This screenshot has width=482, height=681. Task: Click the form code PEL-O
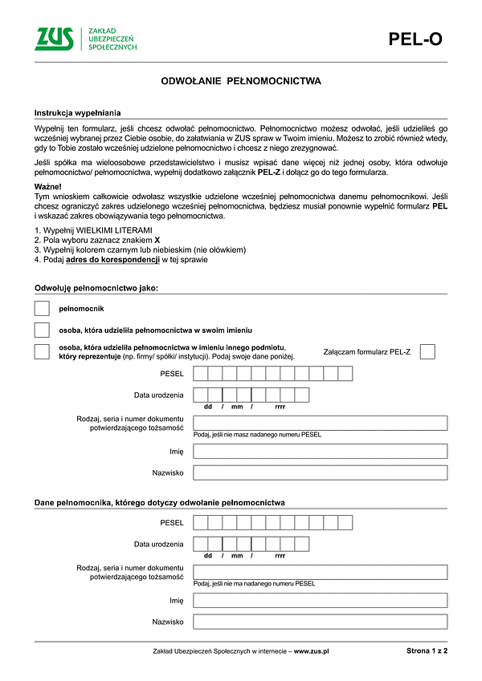415,39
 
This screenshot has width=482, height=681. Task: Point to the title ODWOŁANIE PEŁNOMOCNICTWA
241,81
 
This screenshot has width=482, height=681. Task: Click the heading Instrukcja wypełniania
77,114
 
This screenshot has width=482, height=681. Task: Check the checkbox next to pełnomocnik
42,309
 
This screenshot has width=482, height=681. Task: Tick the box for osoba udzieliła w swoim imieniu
42,330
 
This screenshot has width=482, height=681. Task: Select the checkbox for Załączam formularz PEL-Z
427,351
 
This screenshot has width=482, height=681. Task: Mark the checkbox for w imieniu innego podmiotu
42,351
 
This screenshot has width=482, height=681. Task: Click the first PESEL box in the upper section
201,374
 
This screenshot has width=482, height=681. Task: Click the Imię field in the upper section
320,451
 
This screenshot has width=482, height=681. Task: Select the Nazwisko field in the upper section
320,472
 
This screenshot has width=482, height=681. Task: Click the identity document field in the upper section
320,423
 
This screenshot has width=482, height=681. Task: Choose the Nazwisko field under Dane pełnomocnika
320,622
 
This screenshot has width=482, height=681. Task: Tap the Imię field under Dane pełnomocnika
320,600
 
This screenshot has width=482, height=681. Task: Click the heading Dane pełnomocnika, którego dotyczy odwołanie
159,502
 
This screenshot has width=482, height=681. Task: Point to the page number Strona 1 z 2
427,651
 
